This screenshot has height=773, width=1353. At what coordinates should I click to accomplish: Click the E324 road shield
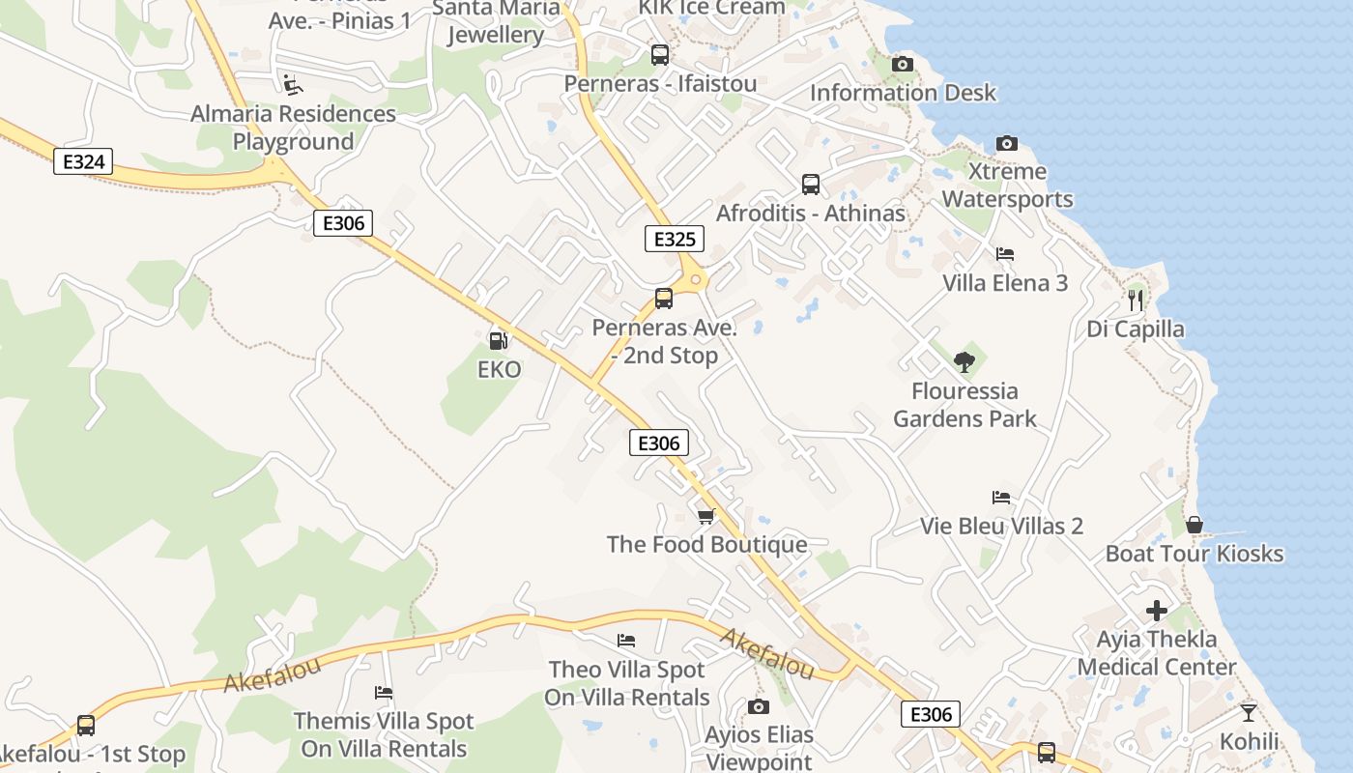pyautogui.click(x=83, y=161)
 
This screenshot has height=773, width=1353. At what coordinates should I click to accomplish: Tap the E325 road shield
pyautogui.click(x=675, y=239)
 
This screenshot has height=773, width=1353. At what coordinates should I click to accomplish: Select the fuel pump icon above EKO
pyautogui.click(x=499, y=340)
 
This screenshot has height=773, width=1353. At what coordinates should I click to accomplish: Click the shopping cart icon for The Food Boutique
pyautogui.click(x=705, y=516)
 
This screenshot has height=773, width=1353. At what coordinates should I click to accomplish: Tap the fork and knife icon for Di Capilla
pyautogui.click(x=1136, y=301)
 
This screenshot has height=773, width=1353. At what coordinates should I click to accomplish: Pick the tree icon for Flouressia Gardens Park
pyautogui.click(x=964, y=362)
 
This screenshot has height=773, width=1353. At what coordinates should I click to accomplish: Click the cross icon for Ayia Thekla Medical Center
pyautogui.click(x=1157, y=611)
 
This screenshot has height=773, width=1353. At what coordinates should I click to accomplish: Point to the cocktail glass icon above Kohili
pyautogui.click(x=1249, y=713)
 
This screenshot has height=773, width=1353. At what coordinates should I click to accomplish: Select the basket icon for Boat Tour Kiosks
pyautogui.click(x=1195, y=525)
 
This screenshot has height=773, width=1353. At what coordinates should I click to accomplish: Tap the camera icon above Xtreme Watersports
pyautogui.click(x=1007, y=143)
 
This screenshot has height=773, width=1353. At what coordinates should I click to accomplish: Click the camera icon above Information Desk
pyautogui.click(x=903, y=65)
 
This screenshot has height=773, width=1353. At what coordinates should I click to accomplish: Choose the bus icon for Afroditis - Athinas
pyautogui.click(x=811, y=184)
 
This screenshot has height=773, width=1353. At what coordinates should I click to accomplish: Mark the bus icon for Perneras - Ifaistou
pyautogui.click(x=660, y=55)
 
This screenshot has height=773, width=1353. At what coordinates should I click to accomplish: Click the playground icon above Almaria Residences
pyautogui.click(x=292, y=85)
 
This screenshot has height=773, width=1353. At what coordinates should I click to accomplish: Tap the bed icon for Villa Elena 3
pyautogui.click(x=1005, y=254)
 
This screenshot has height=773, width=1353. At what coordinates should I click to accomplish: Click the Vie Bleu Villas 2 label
pyautogui.click(x=1001, y=527)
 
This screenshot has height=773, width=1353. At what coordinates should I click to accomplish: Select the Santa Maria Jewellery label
pyautogui.click(x=496, y=21)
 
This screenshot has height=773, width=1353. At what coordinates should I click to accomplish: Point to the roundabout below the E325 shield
pyautogui.click(x=696, y=280)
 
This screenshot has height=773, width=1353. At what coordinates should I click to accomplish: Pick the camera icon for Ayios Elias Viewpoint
pyautogui.click(x=759, y=706)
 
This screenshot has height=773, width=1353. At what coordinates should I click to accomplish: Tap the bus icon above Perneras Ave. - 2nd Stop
pyautogui.click(x=664, y=299)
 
